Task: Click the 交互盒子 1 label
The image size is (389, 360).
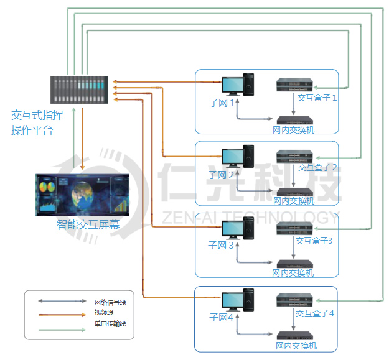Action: pos(317,98)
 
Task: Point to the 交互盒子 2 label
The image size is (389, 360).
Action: pos(317,167)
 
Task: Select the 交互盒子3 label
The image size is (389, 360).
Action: pos(314,241)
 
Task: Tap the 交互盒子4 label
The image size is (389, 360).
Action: pos(315,313)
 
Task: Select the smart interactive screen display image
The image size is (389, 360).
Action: pos(83,195)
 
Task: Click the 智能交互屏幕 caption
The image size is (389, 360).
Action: pos(88,225)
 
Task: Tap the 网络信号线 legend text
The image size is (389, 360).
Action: pos(110,302)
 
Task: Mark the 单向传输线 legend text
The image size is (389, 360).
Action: pos(110,324)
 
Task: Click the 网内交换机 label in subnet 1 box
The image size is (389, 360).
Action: pos(294,130)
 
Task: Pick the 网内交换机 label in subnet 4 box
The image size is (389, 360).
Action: pos(296,346)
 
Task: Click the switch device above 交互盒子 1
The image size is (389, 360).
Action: pos(294,86)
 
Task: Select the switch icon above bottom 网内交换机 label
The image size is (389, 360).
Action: pos(295,335)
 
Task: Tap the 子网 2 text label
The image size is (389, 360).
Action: pos(221,175)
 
